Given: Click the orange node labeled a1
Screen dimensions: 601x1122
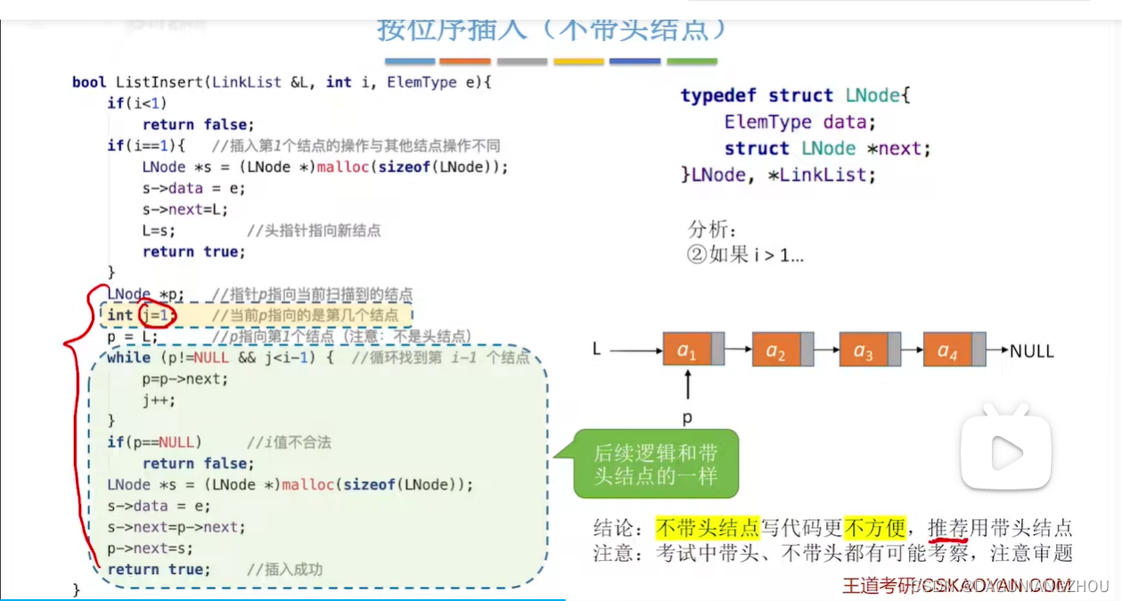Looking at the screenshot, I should (x=687, y=350).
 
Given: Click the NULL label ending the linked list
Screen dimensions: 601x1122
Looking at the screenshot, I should (x=1031, y=350).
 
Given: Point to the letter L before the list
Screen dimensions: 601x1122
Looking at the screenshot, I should (x=597, y=350).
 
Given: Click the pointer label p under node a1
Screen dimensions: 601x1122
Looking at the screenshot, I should (x=687, y=417).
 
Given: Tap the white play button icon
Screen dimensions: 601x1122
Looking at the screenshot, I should (x=1006, y=453).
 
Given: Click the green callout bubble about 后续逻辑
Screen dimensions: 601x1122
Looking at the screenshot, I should (x=656, y=465).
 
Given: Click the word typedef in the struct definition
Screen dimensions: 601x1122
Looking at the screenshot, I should (x=719, y=95).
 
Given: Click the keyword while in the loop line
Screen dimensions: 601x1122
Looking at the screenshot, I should (x=128, y=358).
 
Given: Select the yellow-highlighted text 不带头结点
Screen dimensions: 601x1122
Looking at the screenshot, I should (x=707, y=528).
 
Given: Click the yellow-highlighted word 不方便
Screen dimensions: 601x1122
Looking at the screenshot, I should (x=874, y=528).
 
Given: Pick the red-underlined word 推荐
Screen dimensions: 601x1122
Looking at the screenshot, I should (x=947, y=528).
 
